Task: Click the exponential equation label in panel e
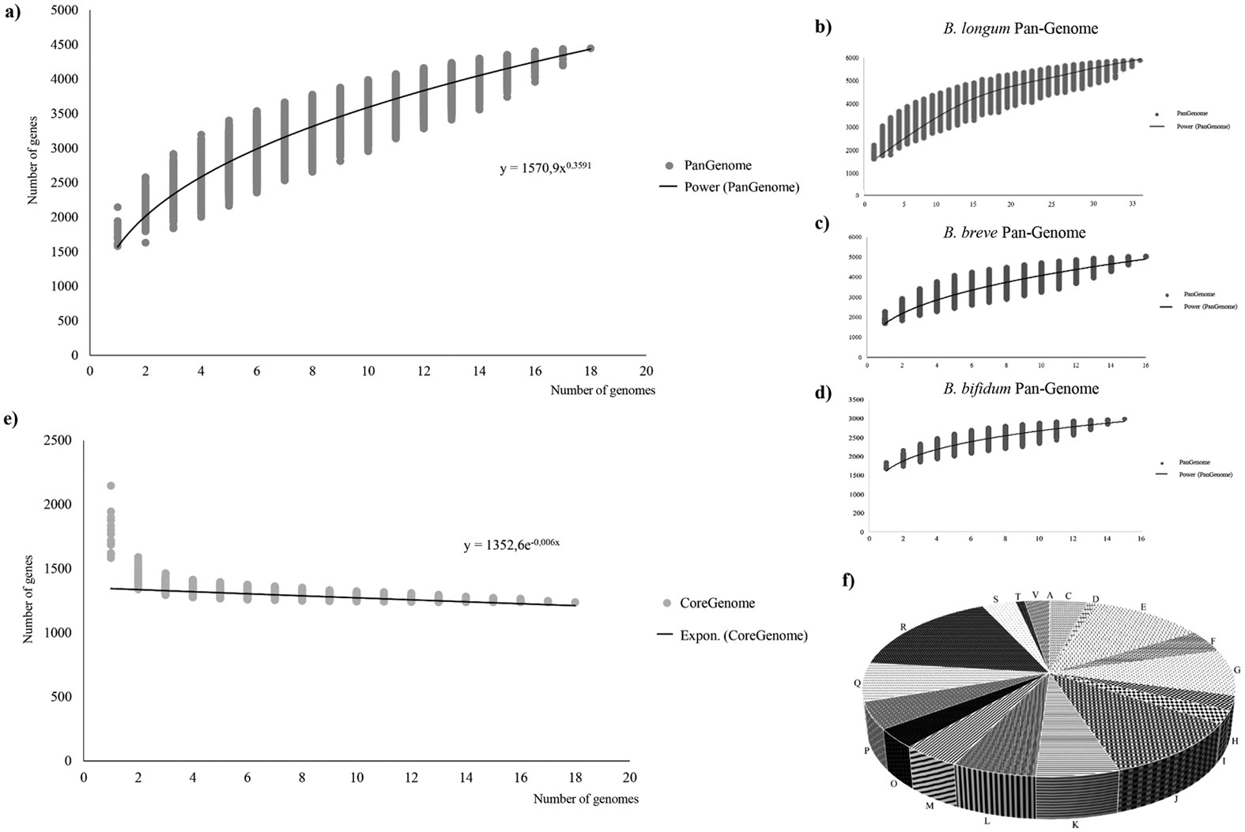click(511, 545)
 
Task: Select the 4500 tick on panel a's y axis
click(65, 45)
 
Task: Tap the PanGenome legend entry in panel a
click(717, 165)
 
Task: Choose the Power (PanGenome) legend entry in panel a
click(741, 187)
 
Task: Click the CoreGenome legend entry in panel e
click(718, 603)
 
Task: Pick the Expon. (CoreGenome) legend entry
click(743, 635)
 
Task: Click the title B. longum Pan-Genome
click(1020, 29)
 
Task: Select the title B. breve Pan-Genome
click(1013, 233)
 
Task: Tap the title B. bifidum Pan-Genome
click(1020, 389)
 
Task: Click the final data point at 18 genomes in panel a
click(590, 48)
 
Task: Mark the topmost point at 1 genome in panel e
click(111, 485)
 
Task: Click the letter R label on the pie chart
click(902, 627)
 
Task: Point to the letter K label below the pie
click(1075, 824)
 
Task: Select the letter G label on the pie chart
click(1236, 670)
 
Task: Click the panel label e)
click(11, 420)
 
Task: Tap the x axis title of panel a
click(602, 390)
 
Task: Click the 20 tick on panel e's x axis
click(629, 778)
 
